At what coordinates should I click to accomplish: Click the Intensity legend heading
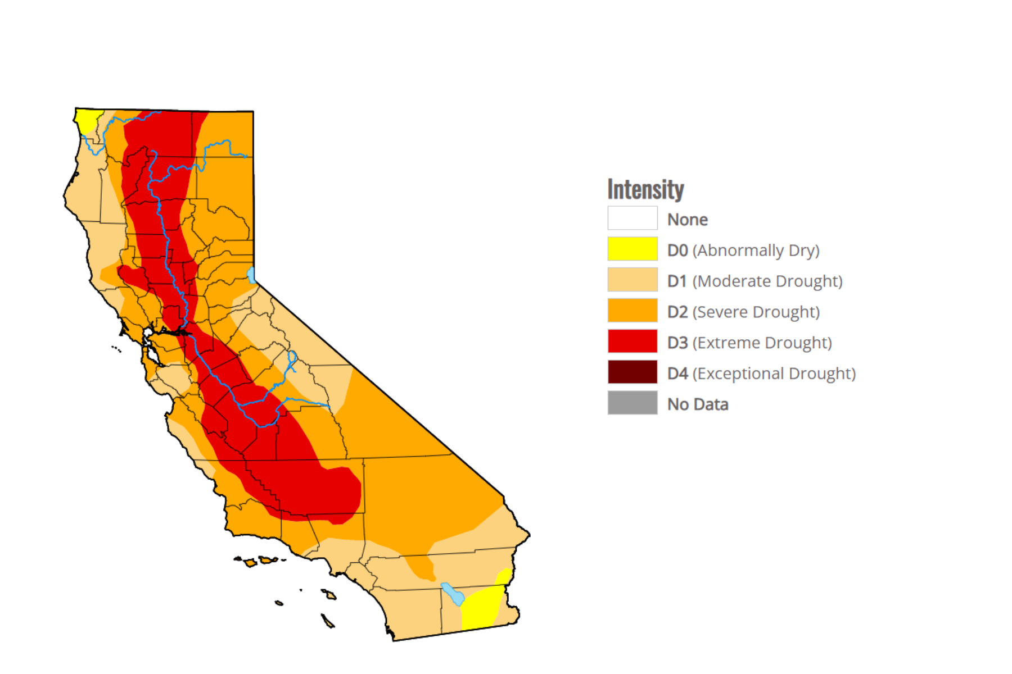click(x=645, y=189)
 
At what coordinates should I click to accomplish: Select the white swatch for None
click(x=632, y=218)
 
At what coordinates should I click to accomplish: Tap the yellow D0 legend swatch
click(x=632, y=249)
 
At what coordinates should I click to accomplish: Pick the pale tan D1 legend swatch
click(x=632, y=280)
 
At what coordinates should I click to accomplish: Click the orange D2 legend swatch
click(x=632, y=311)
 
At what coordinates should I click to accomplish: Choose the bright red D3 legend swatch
click(x=632, y=341)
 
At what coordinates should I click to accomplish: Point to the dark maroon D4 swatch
click(x=632, y=372)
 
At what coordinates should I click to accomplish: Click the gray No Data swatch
click(x=632, y=403)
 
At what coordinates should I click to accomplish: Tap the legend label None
click(x=687, y=220)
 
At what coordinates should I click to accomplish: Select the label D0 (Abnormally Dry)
click(x=743, y=251)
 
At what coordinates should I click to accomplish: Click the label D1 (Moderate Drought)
click(x=755, y=281)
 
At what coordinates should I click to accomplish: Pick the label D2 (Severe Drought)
click(x=743, y=312)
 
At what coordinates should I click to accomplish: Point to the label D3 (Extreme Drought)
click(x=749, y=343)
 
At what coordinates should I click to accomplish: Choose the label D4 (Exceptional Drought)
click(x=761, y=374)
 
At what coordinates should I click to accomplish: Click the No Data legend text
click(x=697, y=404)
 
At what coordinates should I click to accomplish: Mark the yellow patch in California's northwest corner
click(x=86, y=119)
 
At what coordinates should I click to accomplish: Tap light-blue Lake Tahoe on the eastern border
click(x=251, y=275)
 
